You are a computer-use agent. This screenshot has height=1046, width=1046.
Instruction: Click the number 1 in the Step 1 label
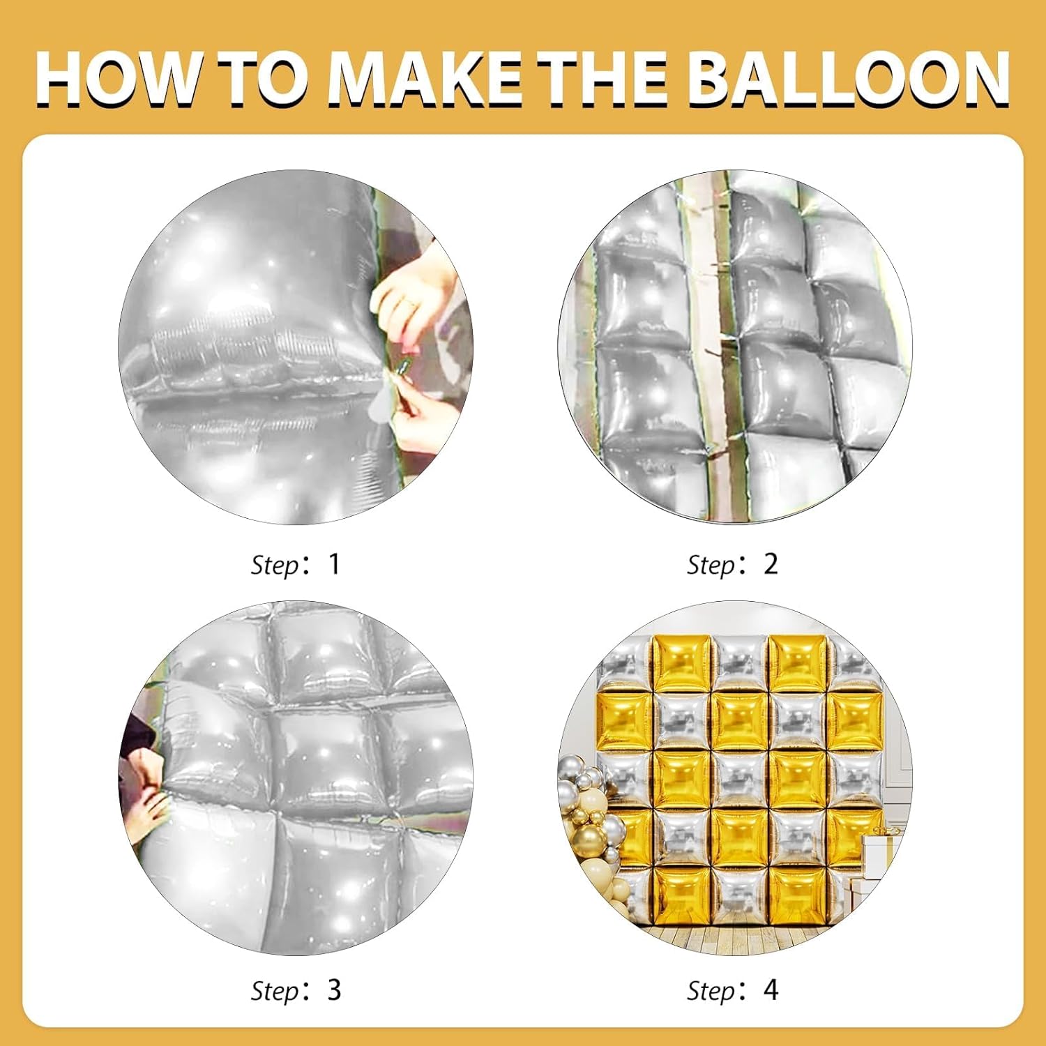point(334,563)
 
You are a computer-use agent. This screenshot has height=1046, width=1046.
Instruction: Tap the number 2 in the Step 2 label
point(770,563)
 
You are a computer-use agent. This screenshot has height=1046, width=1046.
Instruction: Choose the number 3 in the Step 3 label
point(334,990)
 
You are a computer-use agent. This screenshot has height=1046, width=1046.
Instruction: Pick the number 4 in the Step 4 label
point(771,990)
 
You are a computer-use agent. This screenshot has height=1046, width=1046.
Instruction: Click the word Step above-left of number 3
point(275,992)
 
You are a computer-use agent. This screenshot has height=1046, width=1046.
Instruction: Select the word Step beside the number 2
point(711,566)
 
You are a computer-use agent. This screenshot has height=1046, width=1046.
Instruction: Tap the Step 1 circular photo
point(296,347)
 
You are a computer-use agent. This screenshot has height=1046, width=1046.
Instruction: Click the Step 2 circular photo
point(735,347)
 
